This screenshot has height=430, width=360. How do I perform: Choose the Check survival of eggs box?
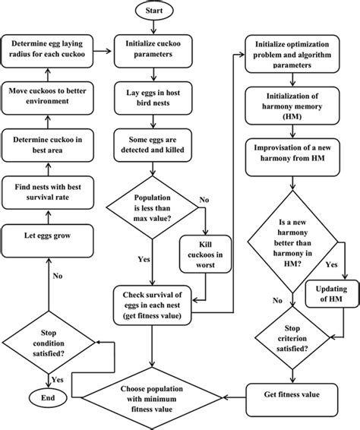click(155, 301)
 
